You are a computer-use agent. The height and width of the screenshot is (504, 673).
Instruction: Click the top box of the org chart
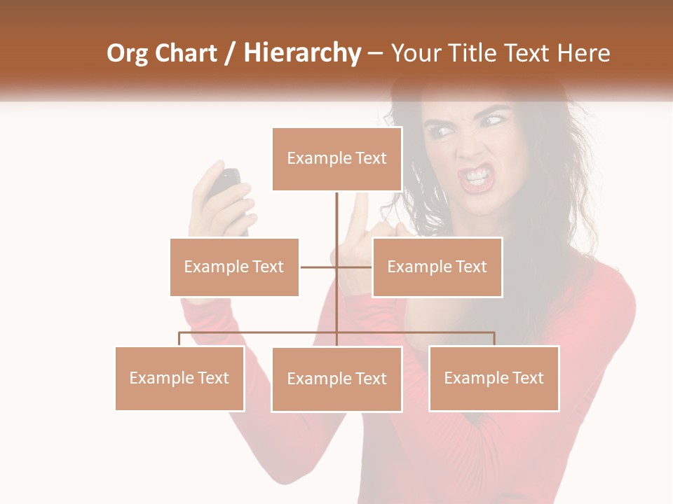point(336,159)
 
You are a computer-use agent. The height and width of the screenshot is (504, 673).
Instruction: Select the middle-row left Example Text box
point(234,267)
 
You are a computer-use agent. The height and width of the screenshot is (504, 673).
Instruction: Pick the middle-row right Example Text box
point(437,267)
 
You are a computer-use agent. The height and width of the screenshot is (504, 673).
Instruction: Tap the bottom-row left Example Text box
point(179,378)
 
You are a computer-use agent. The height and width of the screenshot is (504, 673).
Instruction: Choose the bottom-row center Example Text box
point(336,379)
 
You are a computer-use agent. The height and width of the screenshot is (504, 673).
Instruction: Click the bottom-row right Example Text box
point(494,378)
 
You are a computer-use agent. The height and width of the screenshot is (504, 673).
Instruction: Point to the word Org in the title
point(127,54)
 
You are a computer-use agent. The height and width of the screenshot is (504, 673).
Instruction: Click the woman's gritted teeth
point(477,174)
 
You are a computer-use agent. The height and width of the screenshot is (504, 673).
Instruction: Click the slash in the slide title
point(230,54)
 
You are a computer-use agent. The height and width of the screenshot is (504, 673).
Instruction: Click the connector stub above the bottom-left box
point(179,339)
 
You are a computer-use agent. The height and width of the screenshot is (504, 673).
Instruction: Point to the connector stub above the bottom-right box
point(494,339)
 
